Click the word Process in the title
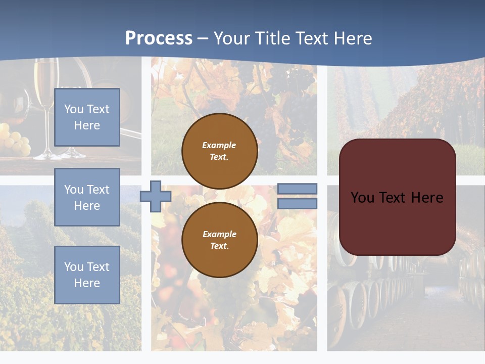[x=159, y=38]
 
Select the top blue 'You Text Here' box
[x=87, y=117]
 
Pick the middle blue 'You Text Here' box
[x=87, y=197]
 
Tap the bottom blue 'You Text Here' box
[x=87, y=275]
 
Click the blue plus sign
[x=156, y=196]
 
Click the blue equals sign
[x=297, y=196]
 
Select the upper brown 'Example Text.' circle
[x=219, y=151]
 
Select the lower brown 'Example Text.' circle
[x=219, y=240]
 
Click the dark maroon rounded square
[x=397, y=197]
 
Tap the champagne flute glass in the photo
[x=46, y=101]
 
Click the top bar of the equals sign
[x=297, y=189]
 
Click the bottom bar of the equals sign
[x=297, y=204]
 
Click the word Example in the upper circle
[x=219, y=145]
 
